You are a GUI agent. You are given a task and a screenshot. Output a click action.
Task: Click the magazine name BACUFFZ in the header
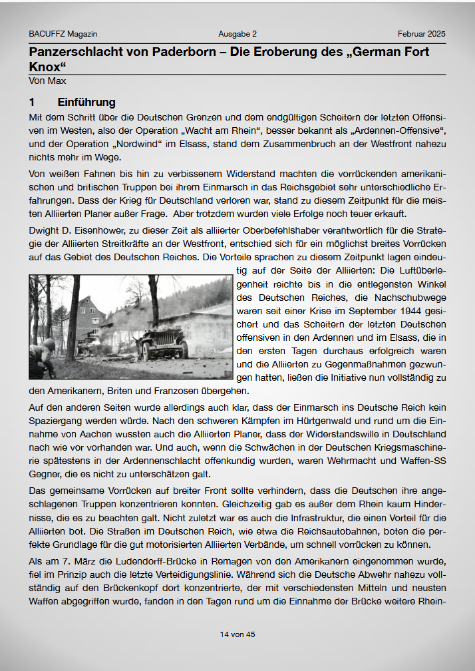click(x=46, y=34)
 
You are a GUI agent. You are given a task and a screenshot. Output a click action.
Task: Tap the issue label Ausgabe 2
click(x=237, y=34)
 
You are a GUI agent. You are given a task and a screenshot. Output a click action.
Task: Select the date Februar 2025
click(x=422, y=34)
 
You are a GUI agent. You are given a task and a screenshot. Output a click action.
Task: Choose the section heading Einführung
click(x=86, y=103)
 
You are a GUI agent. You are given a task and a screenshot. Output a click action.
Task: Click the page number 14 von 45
click(x=237, y=634)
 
